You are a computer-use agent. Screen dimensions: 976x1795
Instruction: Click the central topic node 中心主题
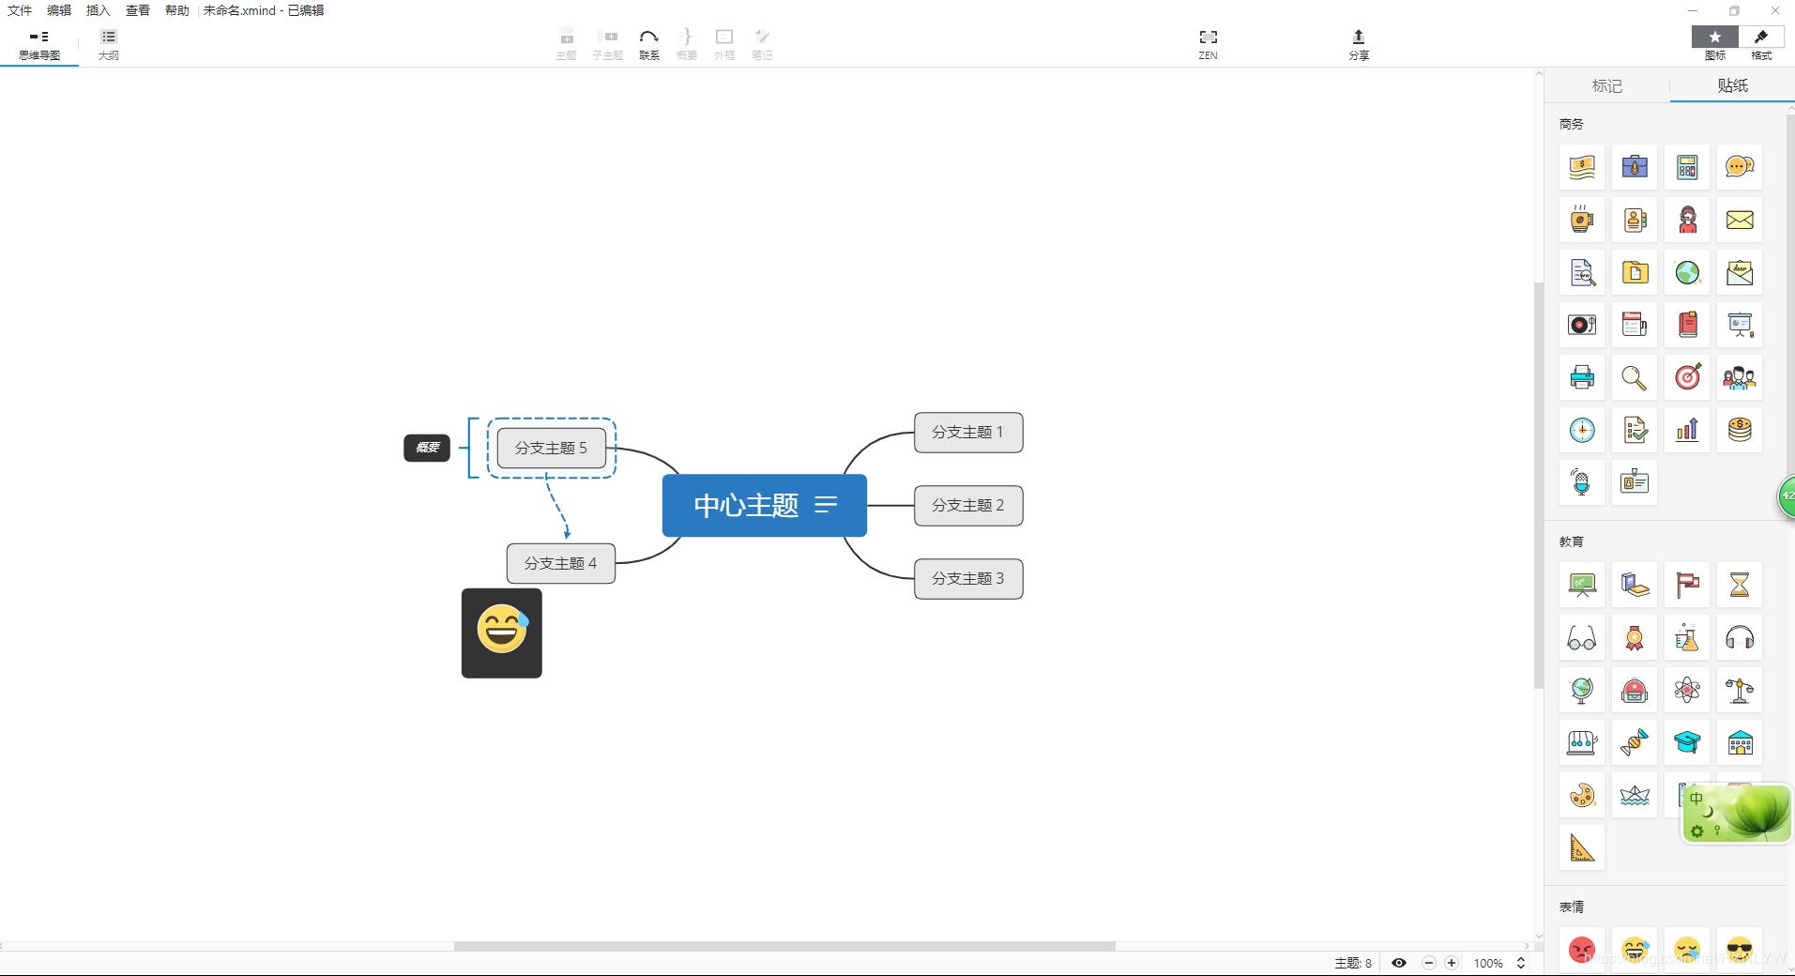[x=746, y=506]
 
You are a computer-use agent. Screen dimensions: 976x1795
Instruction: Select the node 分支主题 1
[x=967, y=433]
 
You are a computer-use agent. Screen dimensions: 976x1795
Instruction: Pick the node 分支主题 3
[x=967, y=579]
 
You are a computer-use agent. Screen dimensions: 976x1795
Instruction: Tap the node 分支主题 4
[x=560, y=563]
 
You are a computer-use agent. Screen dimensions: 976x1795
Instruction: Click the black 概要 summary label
[x=427, y=448]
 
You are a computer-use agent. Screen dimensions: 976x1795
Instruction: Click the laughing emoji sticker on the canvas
[x=502, y=633]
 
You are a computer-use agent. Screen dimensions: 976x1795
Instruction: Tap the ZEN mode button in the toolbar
[x=1208, y=43]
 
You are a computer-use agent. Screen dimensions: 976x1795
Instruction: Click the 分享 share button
[x=1358, y=43]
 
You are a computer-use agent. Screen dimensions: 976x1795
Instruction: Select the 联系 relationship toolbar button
[x=648, y=43]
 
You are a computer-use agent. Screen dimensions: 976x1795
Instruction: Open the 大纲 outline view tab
[x=109, y=43]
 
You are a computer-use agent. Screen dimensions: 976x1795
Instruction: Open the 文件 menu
[x=20, y=10]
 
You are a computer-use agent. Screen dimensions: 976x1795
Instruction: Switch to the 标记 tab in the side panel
[x=1606, y=85]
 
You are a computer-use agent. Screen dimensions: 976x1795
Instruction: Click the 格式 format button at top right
[x=1761, y=43]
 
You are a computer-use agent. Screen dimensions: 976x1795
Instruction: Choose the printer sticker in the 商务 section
[x=1582, y=377]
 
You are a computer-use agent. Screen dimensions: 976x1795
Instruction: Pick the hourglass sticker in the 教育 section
[x=1739, y=585]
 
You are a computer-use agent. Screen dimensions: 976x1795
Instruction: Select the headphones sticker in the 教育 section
[x=1739, y=638]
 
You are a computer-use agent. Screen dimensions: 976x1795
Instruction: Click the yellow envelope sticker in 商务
[x=1739, y=220]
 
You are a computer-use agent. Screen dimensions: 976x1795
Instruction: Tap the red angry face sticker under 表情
[x=1582, y=950]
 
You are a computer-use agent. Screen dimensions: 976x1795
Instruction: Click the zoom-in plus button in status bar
[x=1452, y=963]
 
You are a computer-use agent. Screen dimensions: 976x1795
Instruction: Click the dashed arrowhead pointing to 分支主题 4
[x=567, y=533]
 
